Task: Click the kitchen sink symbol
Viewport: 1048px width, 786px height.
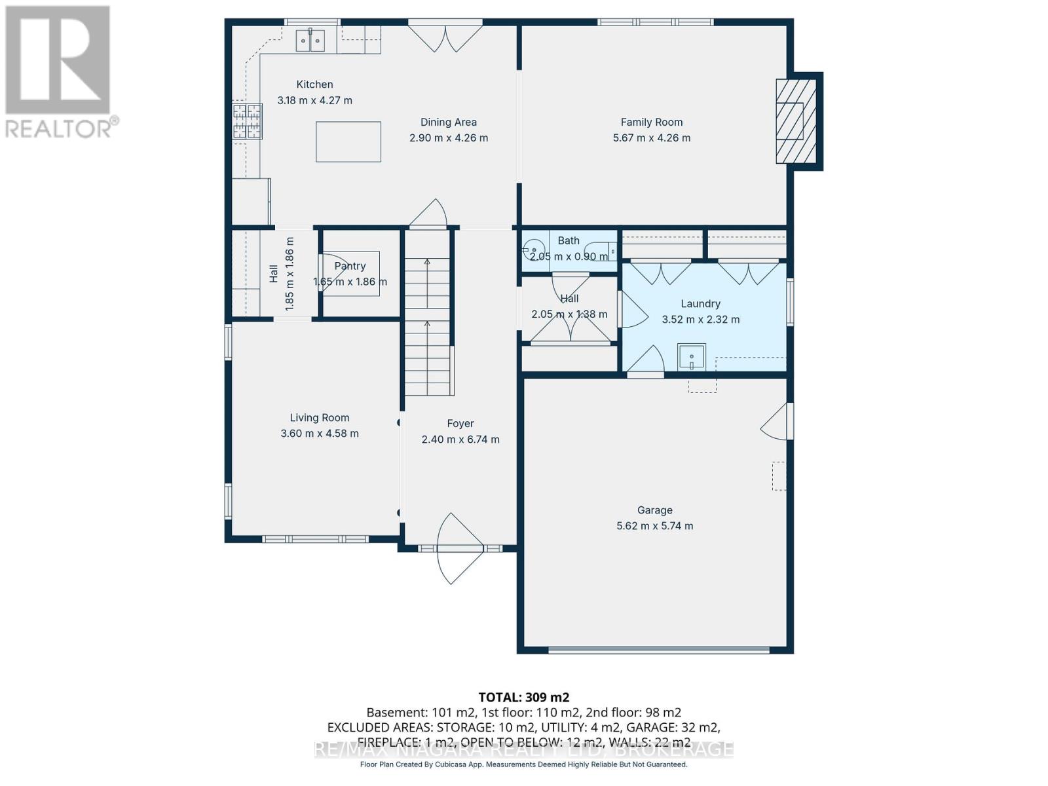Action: click(x=310, y=41)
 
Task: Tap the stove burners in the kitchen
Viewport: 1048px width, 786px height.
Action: click(x=248, y=121)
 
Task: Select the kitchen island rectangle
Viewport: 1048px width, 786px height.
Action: click(x=348, y=141)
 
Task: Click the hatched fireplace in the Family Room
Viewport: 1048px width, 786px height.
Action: click(x=796, y=121)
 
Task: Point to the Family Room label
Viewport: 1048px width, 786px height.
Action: click(x=652, y=122)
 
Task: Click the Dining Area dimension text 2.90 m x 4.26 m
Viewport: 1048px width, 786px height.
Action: click(x=449, y=138)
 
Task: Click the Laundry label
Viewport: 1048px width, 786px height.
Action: click(x=700, y=304)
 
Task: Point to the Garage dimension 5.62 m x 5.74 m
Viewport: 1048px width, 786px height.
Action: click(x=654, y=526)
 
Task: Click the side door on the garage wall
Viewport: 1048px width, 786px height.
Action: click(x=779, y=422)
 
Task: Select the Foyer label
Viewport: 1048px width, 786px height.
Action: click(x=460, y=424)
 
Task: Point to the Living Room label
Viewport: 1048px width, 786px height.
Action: click(x=320, y=418)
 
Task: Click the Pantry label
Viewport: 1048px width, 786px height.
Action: click(x=350, y=266)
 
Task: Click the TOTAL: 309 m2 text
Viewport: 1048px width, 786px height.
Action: click(x=524, y=698)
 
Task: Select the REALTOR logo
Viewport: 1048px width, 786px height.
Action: click(x=59, y=72)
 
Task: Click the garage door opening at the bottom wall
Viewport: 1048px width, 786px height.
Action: click(x=658, y=650)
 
